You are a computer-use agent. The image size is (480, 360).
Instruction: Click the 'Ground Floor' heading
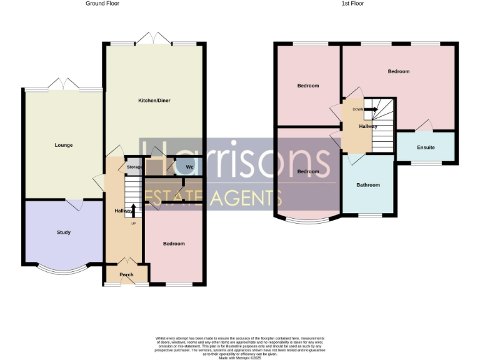point(102,4)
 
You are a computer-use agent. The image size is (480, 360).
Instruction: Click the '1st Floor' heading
point(353,4)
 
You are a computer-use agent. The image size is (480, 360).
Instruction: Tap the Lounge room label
point(63,145)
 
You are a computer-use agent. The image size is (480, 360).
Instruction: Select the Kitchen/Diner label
point(154,101)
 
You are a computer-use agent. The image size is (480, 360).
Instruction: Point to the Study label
point(63,232)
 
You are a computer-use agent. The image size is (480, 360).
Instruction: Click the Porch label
point(127,274)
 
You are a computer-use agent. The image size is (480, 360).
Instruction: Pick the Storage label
point(134,167)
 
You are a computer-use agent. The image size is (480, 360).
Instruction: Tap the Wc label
point(189,167)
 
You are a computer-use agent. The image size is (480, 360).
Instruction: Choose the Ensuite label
point(426,148)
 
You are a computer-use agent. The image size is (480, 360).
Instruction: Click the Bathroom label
point(368,185)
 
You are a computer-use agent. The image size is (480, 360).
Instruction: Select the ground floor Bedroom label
point(174,244)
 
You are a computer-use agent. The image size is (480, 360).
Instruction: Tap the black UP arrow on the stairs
point(133,209)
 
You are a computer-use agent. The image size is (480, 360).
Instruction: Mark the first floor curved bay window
point(309,220)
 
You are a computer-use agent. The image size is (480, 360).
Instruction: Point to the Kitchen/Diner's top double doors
point(154,39)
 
